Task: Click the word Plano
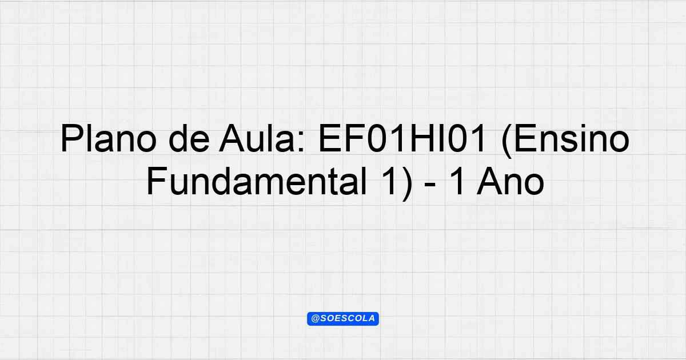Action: pyautogui.click(x=109, y=138)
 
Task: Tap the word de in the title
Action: pyautogui.click(x=189, y=138)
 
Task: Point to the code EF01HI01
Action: pyautogui.click(x=401, y=138)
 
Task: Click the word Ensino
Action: pyautogui.click(x=565, y=139)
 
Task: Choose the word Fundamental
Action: pyautogui.click(x=257, y=181)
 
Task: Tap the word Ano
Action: pyautogui.click(x=510, y=182)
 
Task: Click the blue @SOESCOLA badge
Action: pyautogui.click(x=343, y=319)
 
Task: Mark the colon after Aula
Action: pyautogui.click(x=301, y=142)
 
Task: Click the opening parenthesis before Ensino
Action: pyautogui.click(x=506, y=141)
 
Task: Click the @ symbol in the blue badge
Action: pyautogui.click(x=316, y=318)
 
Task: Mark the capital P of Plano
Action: pyautogui.click(x=72, y=138)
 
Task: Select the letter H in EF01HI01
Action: pyautogui.click(x=422, y=138)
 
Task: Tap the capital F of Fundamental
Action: pyautogui.click(x=157, y=182)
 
